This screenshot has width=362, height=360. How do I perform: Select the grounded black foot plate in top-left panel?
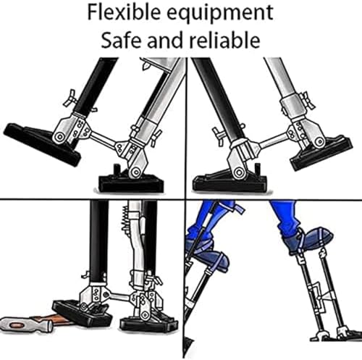click(x=134, y=182)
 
